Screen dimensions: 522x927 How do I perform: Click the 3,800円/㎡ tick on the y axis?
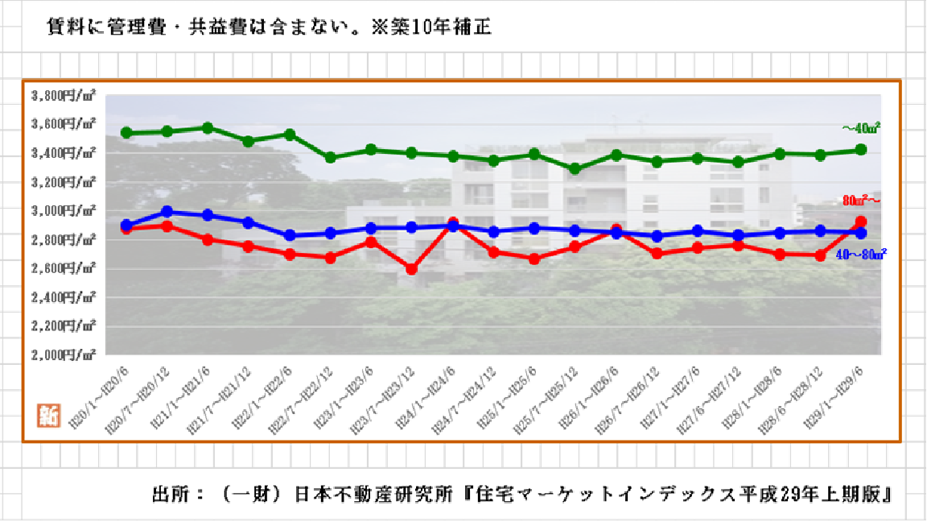click(x=64, y=95)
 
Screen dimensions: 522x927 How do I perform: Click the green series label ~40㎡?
click(x=860, y=127)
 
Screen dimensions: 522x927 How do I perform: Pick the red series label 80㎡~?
click(x=863, y=199)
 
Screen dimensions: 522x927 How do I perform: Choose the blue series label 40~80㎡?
click(x=860, y=254)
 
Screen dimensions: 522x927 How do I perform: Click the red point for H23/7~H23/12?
click(x=412, y=269)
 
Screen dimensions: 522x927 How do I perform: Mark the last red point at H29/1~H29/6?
click(x=860, y=222)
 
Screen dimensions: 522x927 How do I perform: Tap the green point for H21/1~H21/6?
click(x=208, y=128)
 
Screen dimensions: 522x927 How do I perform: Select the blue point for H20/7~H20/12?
click(x=167, y=211)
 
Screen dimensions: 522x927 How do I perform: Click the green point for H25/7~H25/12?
click(x=575, y=169)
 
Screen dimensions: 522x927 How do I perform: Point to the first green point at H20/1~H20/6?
click(x=126, y=132)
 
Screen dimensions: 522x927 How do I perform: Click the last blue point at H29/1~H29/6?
click(x=860, y=233)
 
